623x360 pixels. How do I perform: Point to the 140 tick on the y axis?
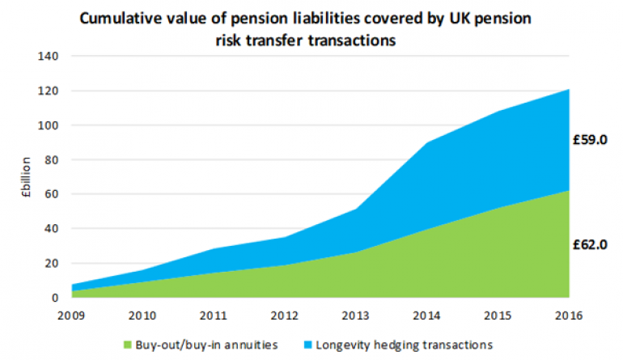click(50, 57)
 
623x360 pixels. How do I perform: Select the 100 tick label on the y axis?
click(50, 125)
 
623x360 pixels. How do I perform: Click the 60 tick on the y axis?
click(53, 194)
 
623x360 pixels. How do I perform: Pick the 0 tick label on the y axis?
click(56, 298)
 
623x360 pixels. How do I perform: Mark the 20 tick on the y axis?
click(53, 263)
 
